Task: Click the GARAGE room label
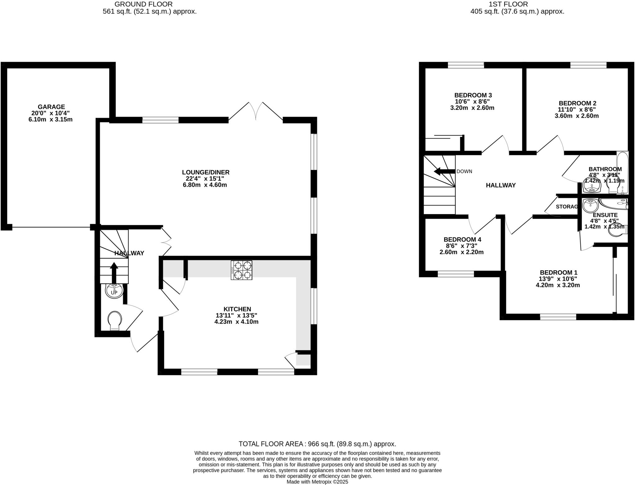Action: (51, 107)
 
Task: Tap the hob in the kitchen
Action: (241, 270)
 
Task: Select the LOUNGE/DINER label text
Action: (206, 172)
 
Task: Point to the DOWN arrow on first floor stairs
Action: (443, 172)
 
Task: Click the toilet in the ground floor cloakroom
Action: (115, 320)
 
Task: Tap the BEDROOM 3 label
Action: (473, 95)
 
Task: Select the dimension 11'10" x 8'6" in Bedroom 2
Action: (577, 110)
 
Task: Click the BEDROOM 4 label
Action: (462, 240)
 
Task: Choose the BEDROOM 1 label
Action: (558, 272)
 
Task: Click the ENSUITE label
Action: (605, 215)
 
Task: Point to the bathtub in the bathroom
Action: (622, 172)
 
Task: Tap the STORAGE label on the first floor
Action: (566, 207)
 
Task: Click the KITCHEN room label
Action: (237, 309)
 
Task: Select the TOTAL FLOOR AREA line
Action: (317, 444)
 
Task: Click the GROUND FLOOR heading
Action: (143, 4)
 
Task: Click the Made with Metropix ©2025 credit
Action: (317, 482)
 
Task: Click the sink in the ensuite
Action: (590, 205)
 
